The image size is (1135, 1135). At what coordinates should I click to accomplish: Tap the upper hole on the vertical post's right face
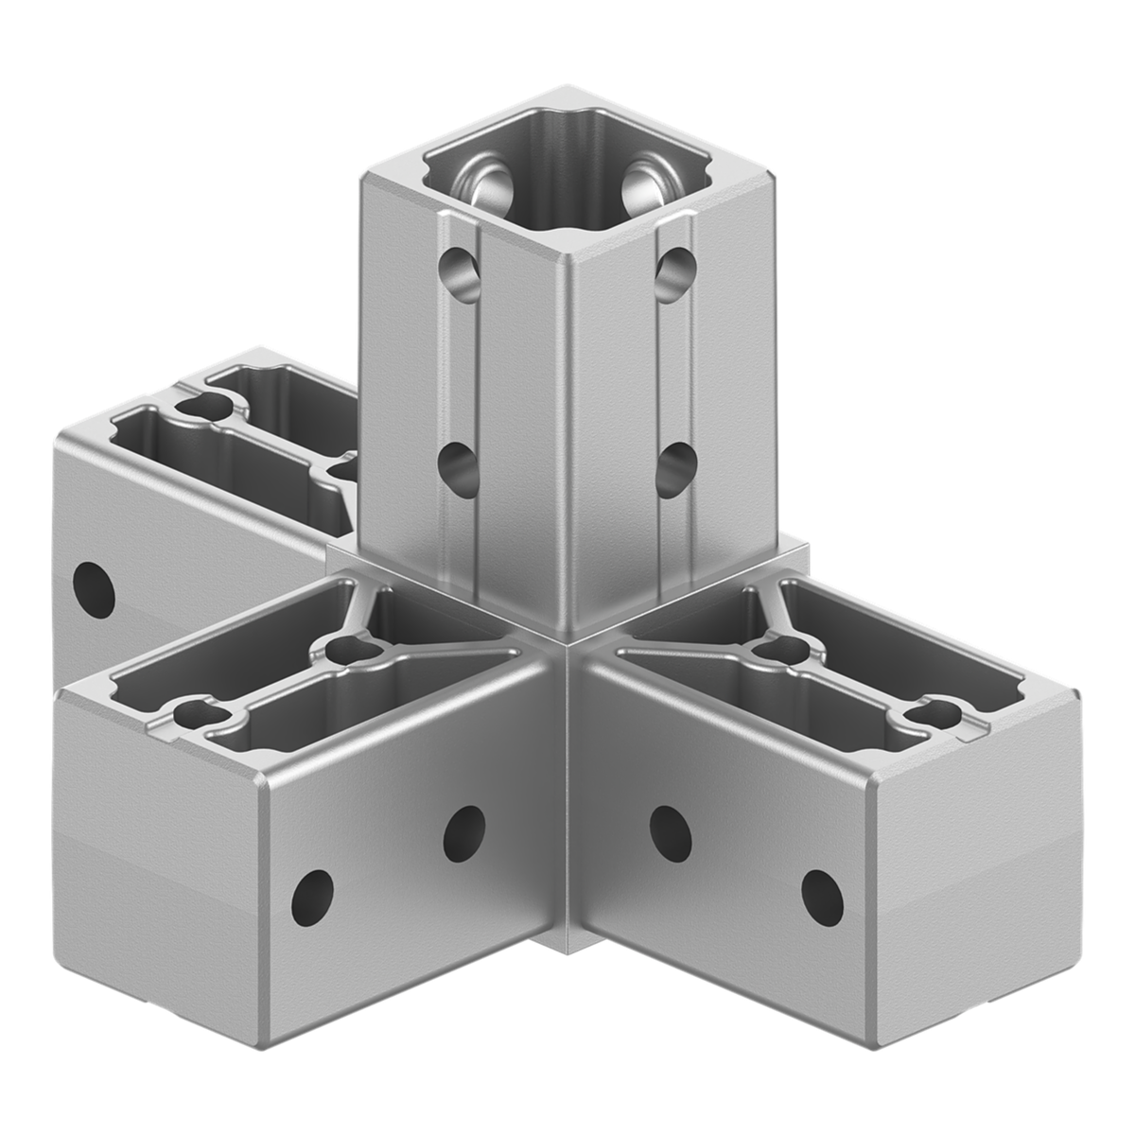pyautogui.click(x=674, y=270)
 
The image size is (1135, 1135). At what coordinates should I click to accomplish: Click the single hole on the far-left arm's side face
pyautogui.click(x=94, y=585)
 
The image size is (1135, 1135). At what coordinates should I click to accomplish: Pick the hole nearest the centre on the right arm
pyautogui.click(x=670, y=829)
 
